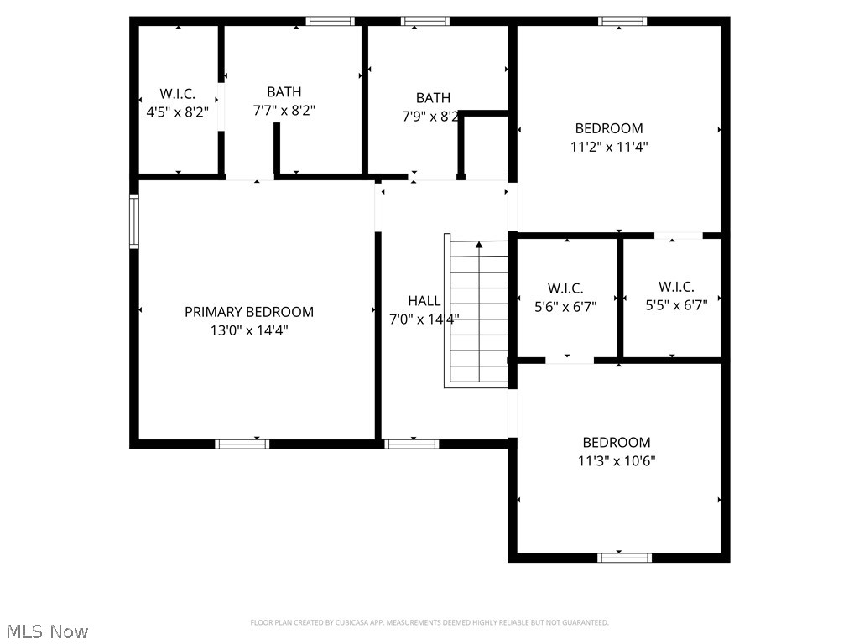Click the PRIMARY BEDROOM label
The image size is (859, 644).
(249, 312)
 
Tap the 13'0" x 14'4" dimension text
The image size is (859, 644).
(249, 330)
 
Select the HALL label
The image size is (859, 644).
(424, 301)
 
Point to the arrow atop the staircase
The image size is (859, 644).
(479, 246)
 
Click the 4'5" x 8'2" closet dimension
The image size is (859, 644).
(178, 111)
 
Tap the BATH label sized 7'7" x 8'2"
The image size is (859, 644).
(284, 92)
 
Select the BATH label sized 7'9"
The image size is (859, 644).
(433, 98)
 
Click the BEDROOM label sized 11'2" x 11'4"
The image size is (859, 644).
(609, 128)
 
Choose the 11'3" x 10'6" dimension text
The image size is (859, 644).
(617, 460)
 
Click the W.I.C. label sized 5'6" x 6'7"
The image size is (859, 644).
(565, 288)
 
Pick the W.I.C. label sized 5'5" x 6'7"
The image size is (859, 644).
(676, 287)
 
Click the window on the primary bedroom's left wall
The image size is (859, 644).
(133, 221)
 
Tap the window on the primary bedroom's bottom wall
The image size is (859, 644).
(242, 444)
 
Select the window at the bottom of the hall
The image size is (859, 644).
(411, 444)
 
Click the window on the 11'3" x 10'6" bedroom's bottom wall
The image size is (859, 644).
(624, 557)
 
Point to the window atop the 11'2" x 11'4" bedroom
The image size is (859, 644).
(622, 21)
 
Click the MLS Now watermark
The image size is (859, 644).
(47, 631)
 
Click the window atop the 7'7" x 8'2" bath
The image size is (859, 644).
(330, 21)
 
